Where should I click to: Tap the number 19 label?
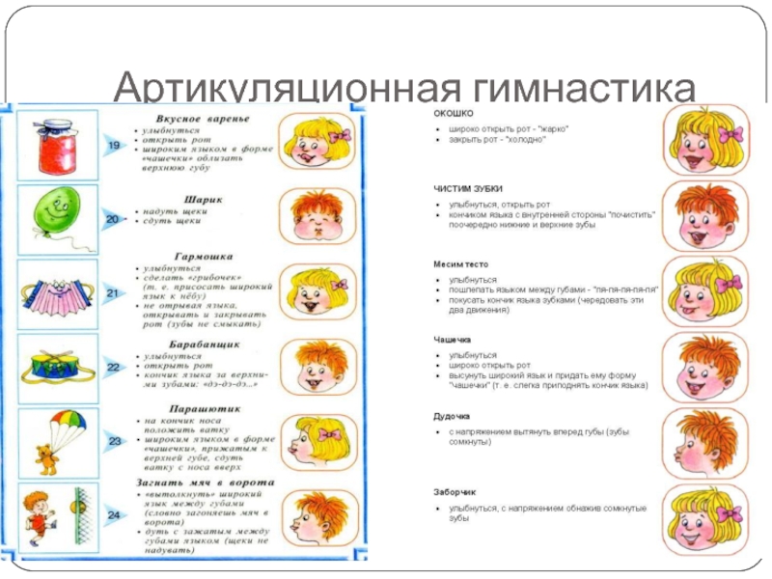[113, 145]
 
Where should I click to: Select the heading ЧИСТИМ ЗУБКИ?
[466, 188]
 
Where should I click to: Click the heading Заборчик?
[454, 491]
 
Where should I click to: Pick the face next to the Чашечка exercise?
[698, 364]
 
